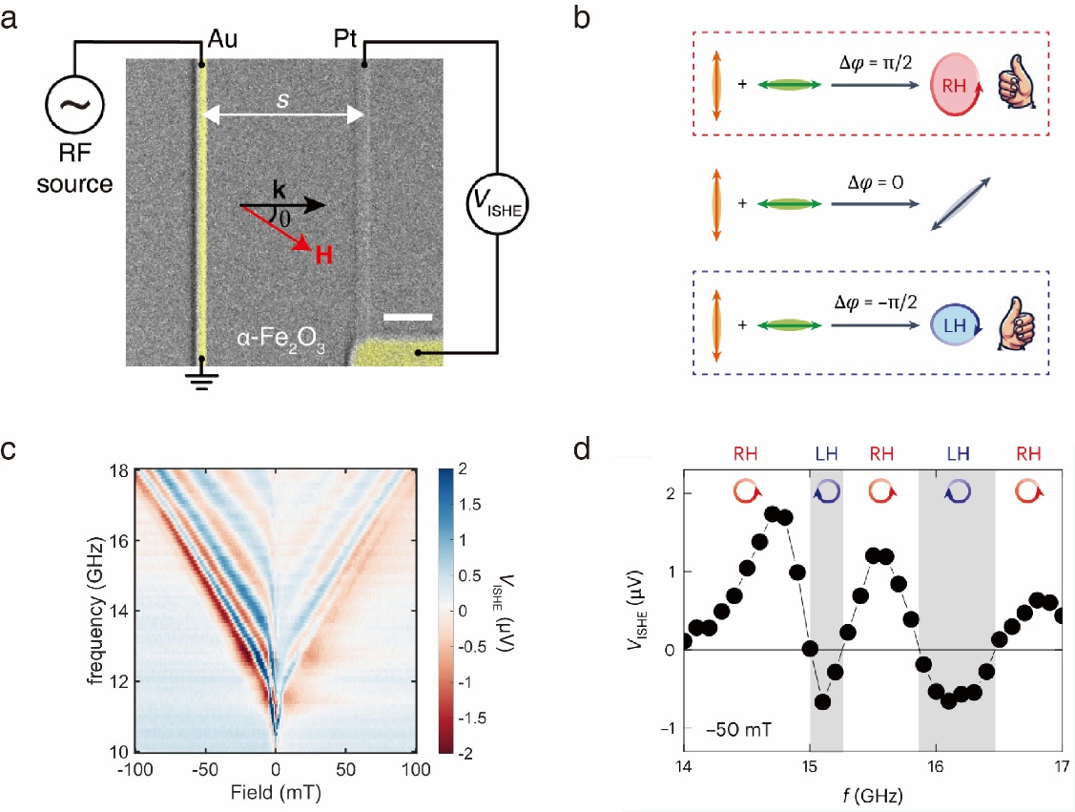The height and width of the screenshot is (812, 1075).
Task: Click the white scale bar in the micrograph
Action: [x=407, y=316]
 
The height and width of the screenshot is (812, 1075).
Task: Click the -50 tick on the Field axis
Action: [x=205, y=769]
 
